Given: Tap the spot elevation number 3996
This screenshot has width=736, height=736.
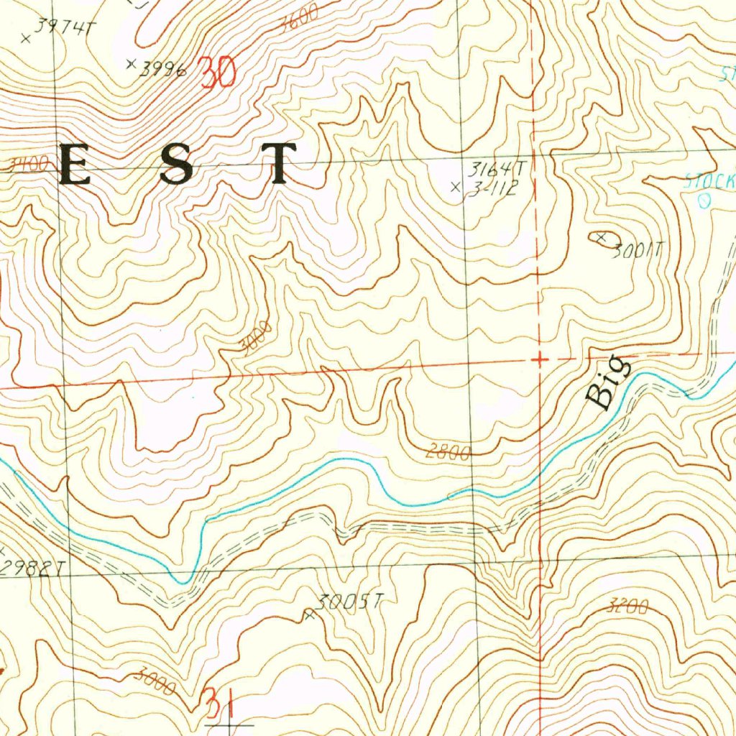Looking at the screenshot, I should [163, 69].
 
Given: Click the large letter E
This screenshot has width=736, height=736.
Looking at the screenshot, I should [75, 165].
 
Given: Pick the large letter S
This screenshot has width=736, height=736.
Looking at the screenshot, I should [176, 165].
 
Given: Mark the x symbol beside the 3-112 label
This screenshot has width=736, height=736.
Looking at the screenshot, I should [454, 188].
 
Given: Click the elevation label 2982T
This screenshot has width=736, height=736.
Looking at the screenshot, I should [32, 569].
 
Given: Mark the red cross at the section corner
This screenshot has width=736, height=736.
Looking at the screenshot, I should [538, 358].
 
